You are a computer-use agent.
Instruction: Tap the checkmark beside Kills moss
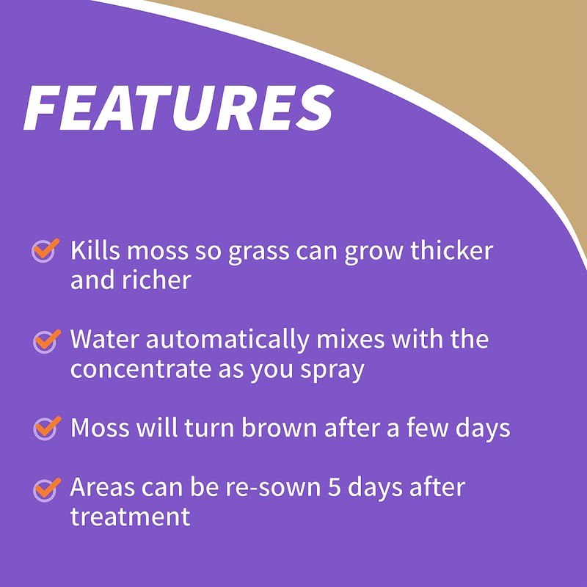45,250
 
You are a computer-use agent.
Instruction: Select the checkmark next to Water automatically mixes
45,340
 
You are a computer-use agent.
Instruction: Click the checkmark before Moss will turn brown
45,426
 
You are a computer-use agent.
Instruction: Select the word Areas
103,487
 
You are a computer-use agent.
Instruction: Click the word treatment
130,517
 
